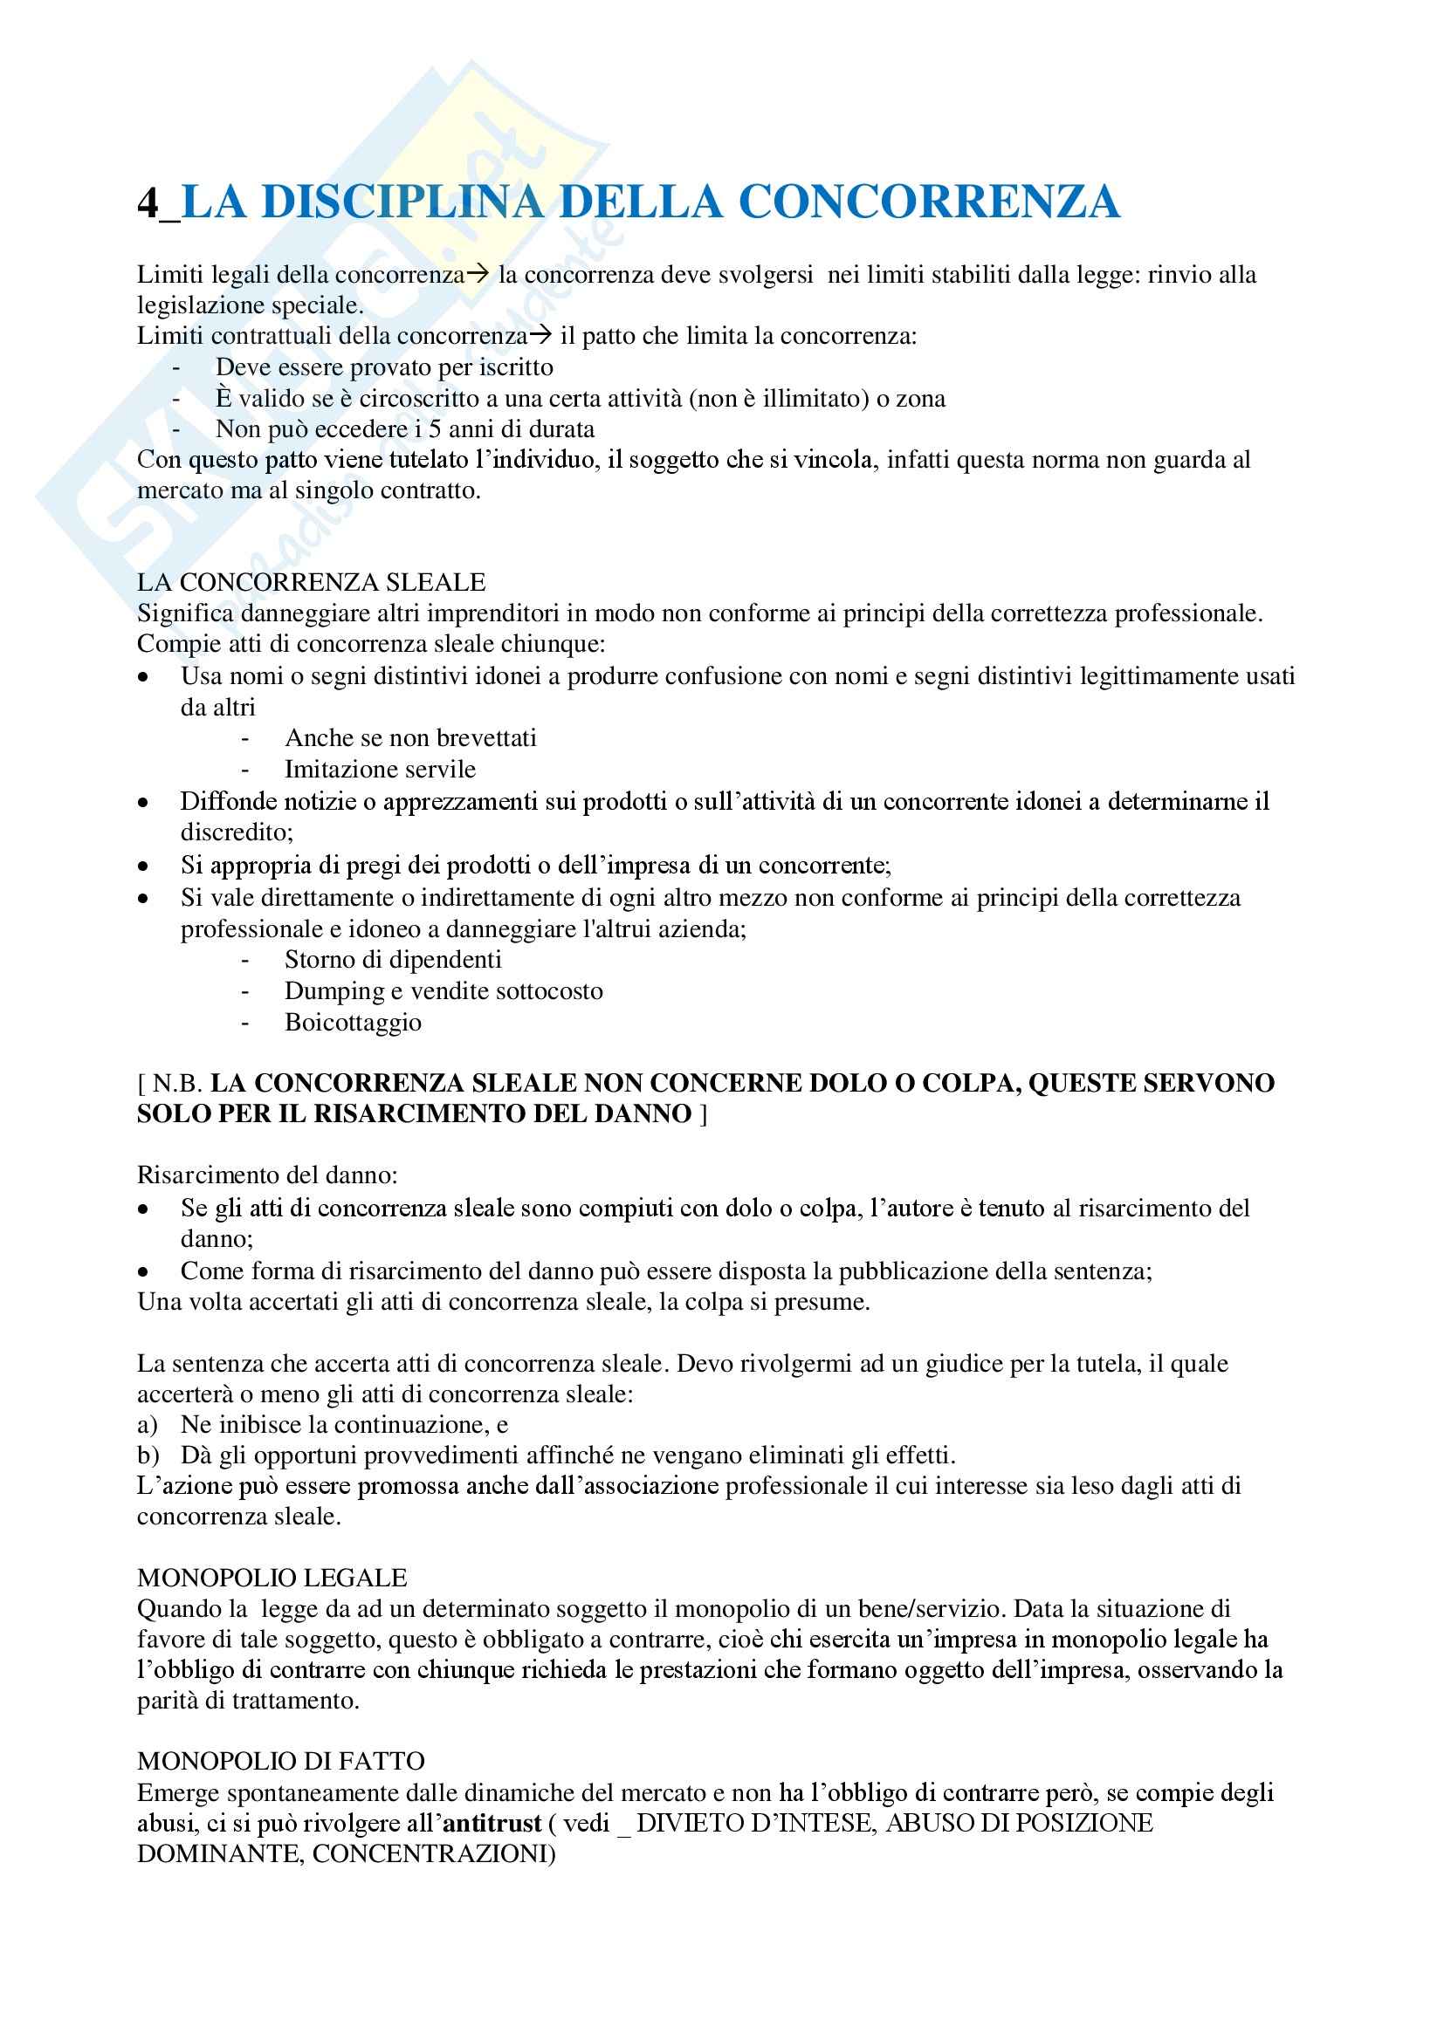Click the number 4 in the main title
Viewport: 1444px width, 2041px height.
coord(148,202)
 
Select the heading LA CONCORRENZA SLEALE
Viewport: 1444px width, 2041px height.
coord(311,582)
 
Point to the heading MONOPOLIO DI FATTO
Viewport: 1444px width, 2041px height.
coord(281,1761)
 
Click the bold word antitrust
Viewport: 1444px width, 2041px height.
coord(492,1823)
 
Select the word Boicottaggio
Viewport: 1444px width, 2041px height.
coord(353,1023)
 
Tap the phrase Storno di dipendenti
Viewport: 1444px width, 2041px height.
coord(393,960)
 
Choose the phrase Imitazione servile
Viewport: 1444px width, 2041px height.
coord(380,769)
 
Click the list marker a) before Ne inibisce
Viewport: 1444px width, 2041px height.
coord(147,1425)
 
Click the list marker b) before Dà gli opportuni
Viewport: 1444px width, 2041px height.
coord(148,1455)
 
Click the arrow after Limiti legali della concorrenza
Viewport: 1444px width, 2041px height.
coord(478,275)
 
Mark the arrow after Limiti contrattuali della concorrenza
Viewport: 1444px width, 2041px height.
coord(540,336)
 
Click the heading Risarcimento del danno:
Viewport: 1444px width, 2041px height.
coord(268,1175)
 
